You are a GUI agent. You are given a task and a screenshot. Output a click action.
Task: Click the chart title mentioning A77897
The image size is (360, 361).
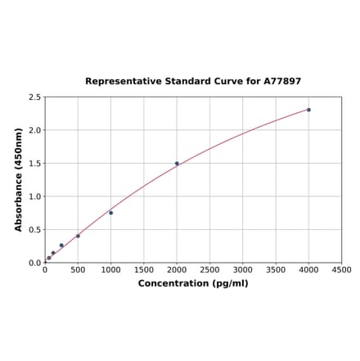193,81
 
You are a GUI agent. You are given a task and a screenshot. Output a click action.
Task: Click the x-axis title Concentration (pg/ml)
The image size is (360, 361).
193,283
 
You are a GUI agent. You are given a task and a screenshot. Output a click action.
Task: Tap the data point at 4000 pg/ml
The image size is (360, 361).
308,110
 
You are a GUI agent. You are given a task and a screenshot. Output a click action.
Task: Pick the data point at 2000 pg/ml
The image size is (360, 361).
177,163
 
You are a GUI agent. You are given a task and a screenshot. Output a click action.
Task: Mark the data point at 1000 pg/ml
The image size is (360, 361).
111,213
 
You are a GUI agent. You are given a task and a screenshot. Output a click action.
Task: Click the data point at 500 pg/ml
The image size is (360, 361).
79,236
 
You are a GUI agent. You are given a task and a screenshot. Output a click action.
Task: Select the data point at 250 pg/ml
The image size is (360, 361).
61,246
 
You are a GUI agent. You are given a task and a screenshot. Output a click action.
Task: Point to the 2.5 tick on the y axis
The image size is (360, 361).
35,97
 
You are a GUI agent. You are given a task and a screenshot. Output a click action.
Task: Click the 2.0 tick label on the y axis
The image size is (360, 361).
35,130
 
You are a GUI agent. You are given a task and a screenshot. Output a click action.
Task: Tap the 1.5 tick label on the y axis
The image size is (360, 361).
35,164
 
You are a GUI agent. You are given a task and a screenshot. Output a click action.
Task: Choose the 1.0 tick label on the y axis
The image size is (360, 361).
35,196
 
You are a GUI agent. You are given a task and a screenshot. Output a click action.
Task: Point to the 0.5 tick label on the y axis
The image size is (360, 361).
35,230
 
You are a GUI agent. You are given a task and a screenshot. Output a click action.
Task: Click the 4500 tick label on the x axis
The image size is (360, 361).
341,269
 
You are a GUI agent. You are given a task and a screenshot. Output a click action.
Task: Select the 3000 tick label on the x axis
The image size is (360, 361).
243,269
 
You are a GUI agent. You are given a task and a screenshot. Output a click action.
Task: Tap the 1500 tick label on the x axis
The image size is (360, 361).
144,269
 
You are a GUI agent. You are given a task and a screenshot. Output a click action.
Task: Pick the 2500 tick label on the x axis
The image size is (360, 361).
209,269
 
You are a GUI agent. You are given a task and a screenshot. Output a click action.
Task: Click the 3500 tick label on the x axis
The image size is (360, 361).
276,269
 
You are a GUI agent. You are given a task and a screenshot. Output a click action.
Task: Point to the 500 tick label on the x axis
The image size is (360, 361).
79,269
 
